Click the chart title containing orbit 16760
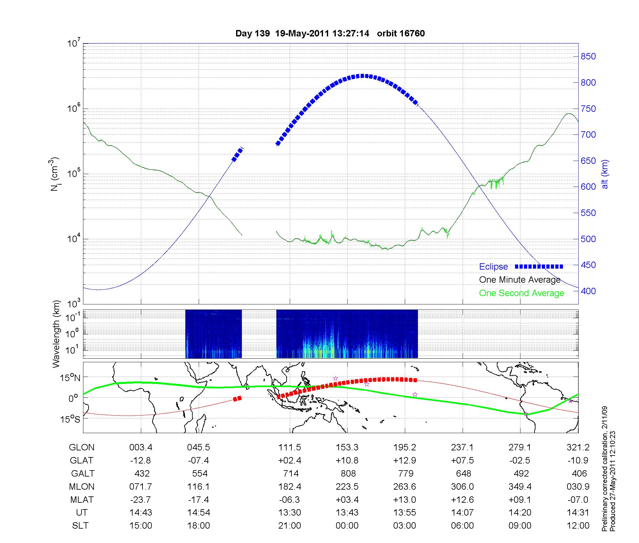pyautogui.click(x=330, y=34)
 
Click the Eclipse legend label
pyautogui.click(x=493, y=267)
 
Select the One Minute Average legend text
pyautogui.click(x=520, y=280)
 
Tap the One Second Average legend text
pyautogui.click(x=521, y=293)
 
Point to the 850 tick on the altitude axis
pyautogui.click(x=588, y=57)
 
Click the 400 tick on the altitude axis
pyautogui.click(x=588, y=291)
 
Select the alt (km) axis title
pyautogui.click(x=604, y=174)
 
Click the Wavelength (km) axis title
pyautogui.click(x=57, y=334)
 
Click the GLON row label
pyautogui.click(x=81, y=447)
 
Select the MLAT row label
pyautogui.click(x=82, y=500)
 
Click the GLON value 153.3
pyautogui.click(x=347, y=447)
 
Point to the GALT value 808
pyautogui.click(x=348, y=473)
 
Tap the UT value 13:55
pyautogui.click(x=404, y=513)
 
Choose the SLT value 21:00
pyautogui.click(x=289, y=526)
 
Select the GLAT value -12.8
pyautogui.click(x=141, y=461)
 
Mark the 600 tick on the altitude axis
pyautogui.click(x=588, y=187)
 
